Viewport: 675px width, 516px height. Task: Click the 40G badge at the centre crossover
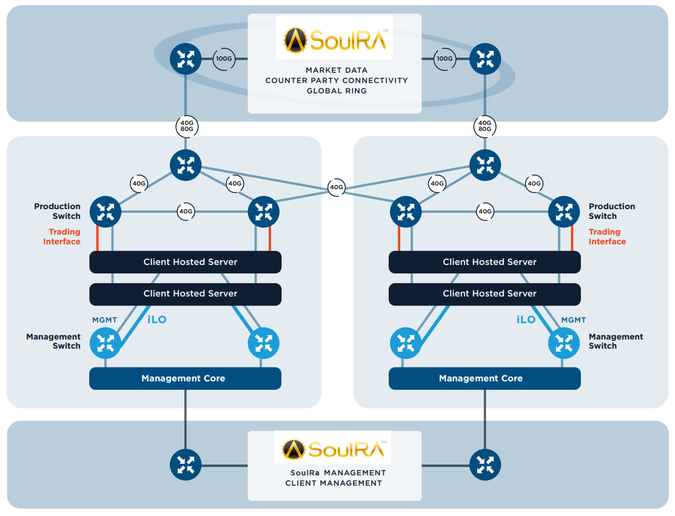[336, 187]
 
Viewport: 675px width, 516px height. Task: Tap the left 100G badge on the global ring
[224, 59]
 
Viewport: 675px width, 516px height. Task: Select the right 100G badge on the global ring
[445, 59]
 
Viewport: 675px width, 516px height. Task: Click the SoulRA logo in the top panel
[334, 38]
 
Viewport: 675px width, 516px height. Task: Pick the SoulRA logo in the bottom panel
[333, 449]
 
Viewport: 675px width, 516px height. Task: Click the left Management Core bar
[185, 378]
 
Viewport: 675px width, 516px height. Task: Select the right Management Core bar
[484, 378]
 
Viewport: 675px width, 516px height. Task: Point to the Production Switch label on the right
[611, 211]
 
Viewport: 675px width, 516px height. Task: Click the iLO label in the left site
[157, 320]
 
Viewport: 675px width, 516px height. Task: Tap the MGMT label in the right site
[574, 320]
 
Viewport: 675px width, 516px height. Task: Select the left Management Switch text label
[53, 341]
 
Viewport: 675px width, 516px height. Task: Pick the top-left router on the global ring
[186, 59]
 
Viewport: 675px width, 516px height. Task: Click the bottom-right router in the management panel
[485, 465]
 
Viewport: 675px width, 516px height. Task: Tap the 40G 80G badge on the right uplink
[485, 126]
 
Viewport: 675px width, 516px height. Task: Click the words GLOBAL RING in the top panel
[336, 91]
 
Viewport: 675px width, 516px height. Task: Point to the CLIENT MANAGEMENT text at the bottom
[334, 483]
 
